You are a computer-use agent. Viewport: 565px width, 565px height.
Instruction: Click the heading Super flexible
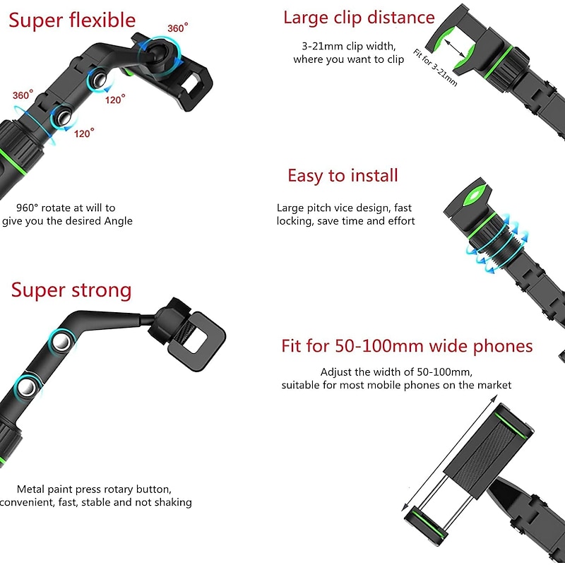click(72, 20)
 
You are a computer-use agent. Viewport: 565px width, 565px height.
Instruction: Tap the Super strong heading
click(71, 290)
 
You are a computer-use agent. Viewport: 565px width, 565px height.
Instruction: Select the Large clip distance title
click(359, 18)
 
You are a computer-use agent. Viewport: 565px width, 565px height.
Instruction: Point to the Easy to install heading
click(343, 176)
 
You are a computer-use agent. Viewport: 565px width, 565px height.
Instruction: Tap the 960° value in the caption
click(27, 208)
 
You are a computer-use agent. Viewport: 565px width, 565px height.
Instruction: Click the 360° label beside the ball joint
click(178, 28)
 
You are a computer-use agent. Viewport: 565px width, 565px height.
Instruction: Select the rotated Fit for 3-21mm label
click(435, 68)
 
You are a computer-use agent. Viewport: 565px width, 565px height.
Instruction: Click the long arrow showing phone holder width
click(449, 453)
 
